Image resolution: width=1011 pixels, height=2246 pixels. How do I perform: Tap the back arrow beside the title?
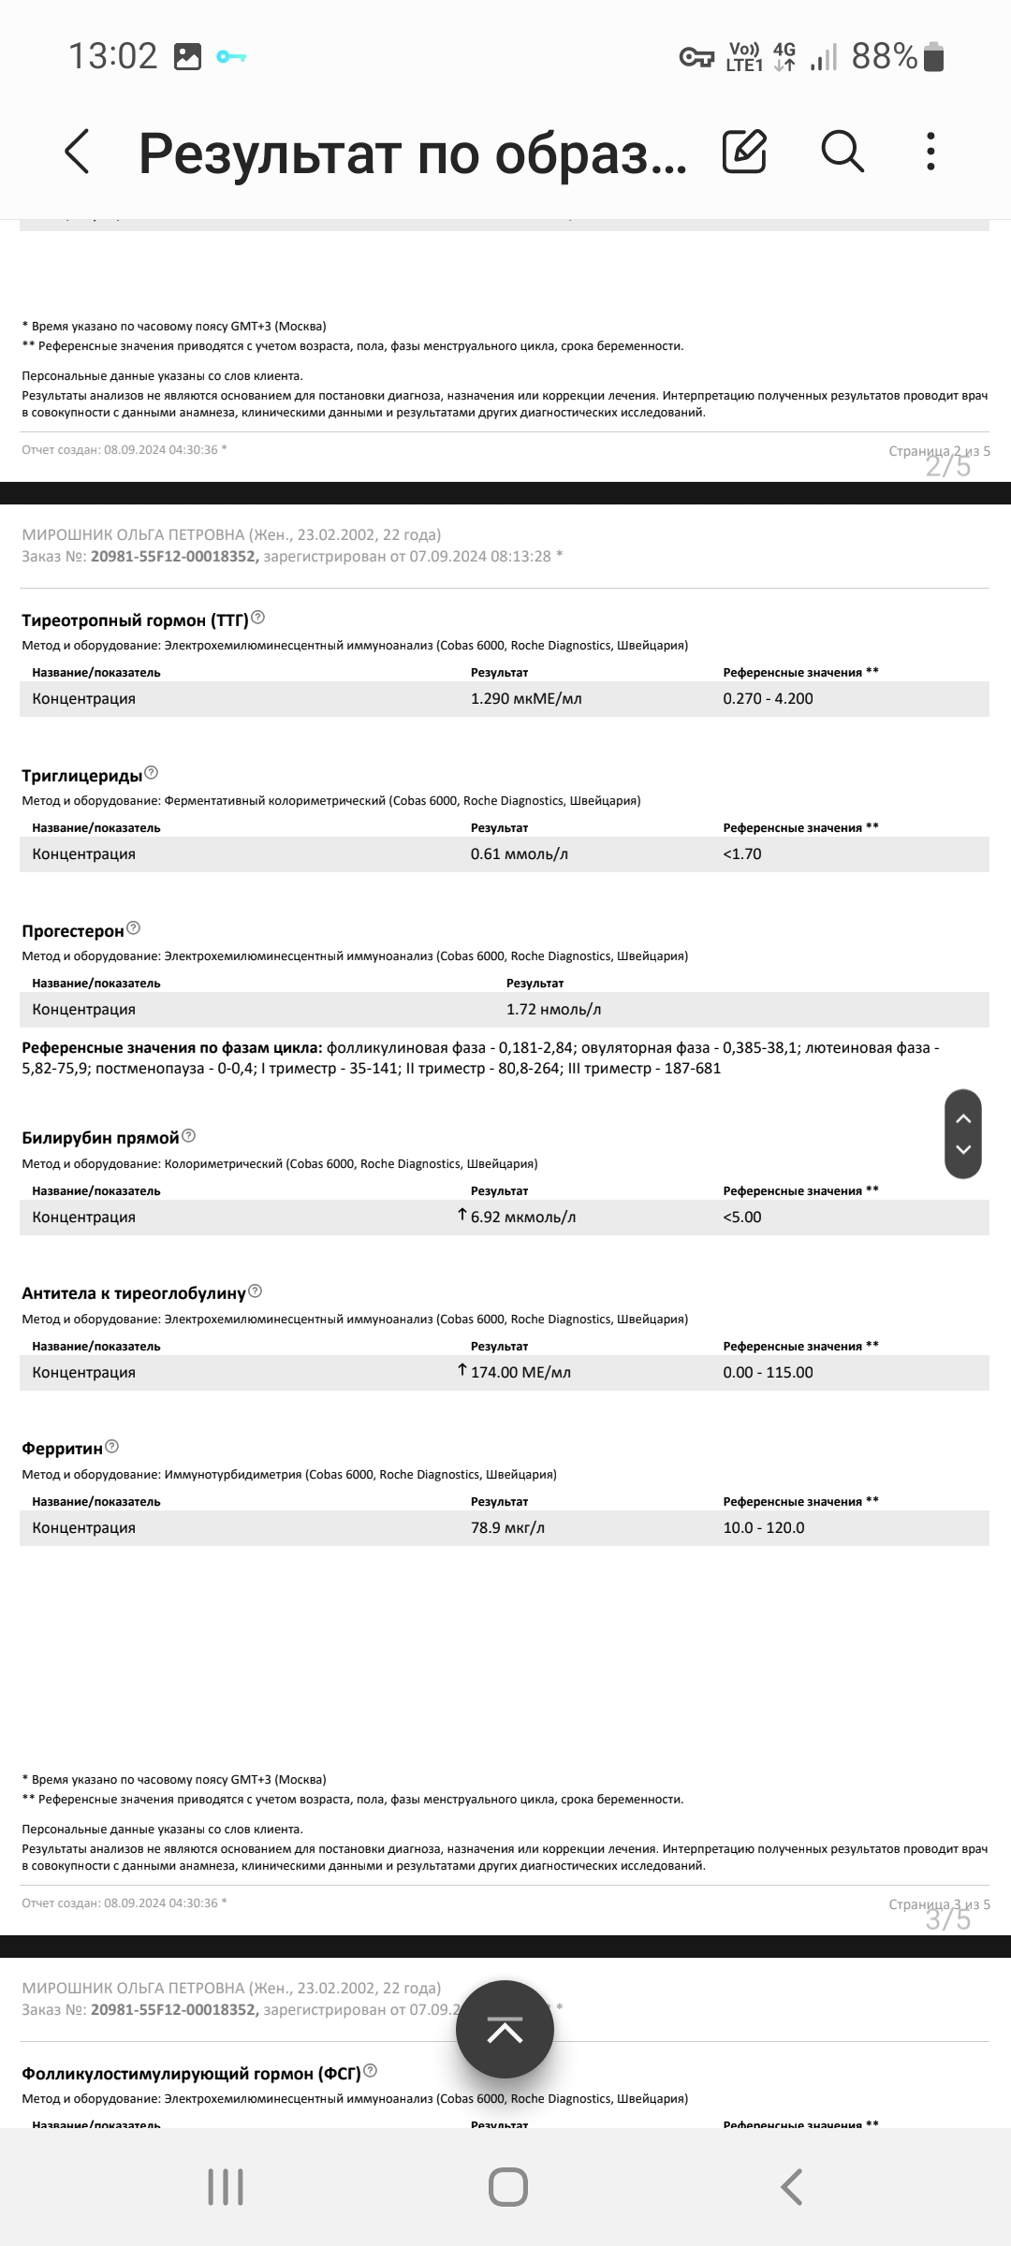pos(77,152)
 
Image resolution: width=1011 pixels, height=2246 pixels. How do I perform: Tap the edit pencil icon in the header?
pos(744,151)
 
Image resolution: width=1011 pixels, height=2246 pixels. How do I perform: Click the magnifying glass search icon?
pos(842,151)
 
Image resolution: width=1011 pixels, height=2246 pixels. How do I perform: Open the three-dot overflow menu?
pos(930,151)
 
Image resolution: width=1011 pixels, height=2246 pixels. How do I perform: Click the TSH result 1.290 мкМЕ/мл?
pos(526,699)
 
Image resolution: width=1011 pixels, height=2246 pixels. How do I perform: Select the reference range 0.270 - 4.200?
pos(768,699)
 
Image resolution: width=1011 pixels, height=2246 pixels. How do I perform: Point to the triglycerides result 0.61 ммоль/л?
pos(520,854)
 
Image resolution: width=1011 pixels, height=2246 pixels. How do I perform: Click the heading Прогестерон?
pos(73,931)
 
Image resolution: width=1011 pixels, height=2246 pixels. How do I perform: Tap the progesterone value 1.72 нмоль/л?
pos(553,1010)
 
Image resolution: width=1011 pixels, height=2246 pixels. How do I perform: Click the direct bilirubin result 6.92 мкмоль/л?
pos(523,1218)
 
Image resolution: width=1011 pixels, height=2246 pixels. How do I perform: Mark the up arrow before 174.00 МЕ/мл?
pos(462,1370)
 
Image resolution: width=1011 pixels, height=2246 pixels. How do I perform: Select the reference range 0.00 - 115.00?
pos(768,1373)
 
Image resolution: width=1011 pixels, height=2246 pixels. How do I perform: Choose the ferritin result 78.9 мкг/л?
pos(507,1528)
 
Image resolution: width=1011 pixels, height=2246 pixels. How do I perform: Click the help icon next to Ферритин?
pos(112,1447)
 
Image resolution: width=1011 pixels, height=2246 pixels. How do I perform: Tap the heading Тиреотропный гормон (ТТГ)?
pos(135,620)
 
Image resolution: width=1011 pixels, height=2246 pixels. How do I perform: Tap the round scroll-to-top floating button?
pos(505,2030)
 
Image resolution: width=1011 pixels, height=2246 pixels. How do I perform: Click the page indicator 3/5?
pos(948,1918)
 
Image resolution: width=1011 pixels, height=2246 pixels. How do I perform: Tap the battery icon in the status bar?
pos(933,57)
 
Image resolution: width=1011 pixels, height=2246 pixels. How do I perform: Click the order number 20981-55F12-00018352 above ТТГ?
pos(174,557)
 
